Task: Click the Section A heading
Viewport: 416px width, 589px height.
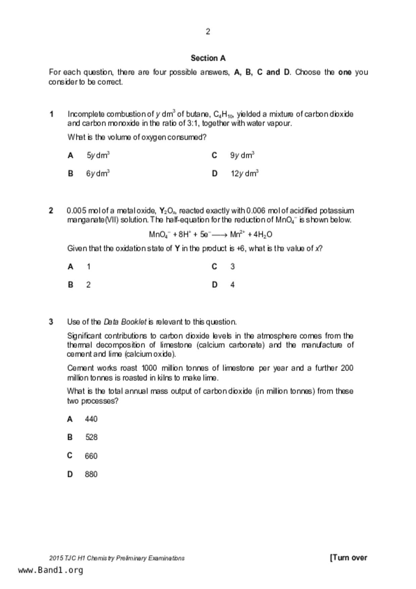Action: pos(208,58)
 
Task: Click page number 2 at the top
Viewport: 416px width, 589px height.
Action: pos(208,32)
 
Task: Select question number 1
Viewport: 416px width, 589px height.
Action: pos(51,114)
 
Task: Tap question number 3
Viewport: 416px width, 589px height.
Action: pos(51,322)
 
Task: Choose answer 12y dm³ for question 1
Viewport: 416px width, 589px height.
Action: pos(244,173)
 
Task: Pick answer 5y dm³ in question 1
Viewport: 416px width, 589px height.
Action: pos(98,155)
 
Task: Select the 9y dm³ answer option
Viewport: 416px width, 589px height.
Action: pos(242,155)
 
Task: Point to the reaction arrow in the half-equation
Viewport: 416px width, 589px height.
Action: pos(220,235)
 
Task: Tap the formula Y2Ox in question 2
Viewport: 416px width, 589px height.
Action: pos(168,211)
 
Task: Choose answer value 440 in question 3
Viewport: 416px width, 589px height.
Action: pos(91,419)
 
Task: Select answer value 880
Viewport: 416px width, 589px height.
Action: pos(91,474)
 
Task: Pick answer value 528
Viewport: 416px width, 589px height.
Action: pos(91,437)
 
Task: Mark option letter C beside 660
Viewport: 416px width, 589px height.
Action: pos(70,456)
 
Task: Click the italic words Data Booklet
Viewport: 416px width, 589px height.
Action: pos(125,322)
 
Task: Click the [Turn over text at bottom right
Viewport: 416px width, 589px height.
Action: pos(349,558)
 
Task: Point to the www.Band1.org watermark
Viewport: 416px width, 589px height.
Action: pos(50,570)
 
